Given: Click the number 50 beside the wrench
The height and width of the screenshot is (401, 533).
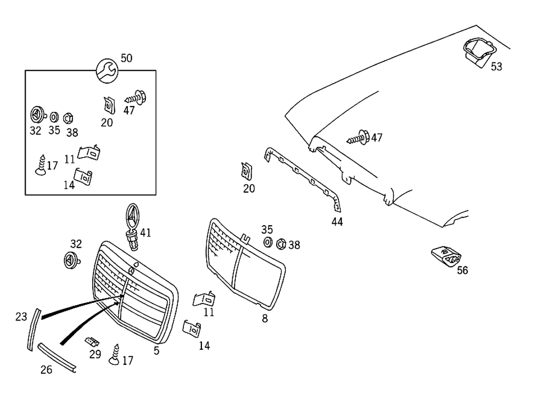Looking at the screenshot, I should click(126, 58).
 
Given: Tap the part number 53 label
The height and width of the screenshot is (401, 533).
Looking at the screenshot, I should click(496, 67).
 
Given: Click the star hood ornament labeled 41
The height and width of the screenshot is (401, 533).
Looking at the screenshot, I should click(132, 224).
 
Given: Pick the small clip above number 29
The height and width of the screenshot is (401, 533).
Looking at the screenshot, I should click(93, 341).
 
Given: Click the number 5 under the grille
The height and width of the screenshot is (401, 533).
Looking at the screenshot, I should click(156, 350).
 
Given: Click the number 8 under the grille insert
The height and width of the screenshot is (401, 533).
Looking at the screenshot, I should click(265, 319).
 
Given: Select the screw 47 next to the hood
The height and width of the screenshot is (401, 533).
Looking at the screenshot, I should click(360, 138).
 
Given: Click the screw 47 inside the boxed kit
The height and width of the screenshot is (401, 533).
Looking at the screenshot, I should click(136, 99).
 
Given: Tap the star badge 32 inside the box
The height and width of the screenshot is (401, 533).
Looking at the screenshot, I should click(36, 115).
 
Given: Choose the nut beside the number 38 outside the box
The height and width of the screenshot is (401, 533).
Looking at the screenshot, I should click(281, 244).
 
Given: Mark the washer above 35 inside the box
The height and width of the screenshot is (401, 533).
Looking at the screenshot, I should click(54, 117).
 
